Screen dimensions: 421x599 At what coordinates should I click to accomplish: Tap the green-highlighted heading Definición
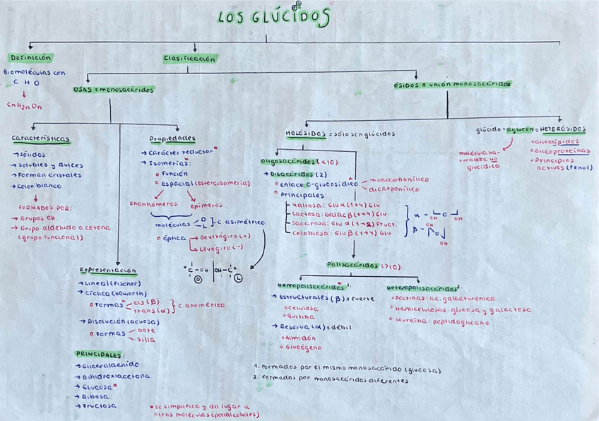point(30,57)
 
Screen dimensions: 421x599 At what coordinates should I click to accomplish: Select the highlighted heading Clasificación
point(189,59)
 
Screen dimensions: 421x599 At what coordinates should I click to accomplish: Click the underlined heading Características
point(40,138)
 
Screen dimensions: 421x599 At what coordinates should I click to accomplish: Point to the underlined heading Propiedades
point(172,138)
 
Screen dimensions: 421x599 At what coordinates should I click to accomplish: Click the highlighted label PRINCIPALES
point(99,354)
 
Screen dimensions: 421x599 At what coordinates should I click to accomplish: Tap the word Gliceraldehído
point(108,366)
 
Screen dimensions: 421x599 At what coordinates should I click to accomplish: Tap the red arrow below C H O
point(24,93)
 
